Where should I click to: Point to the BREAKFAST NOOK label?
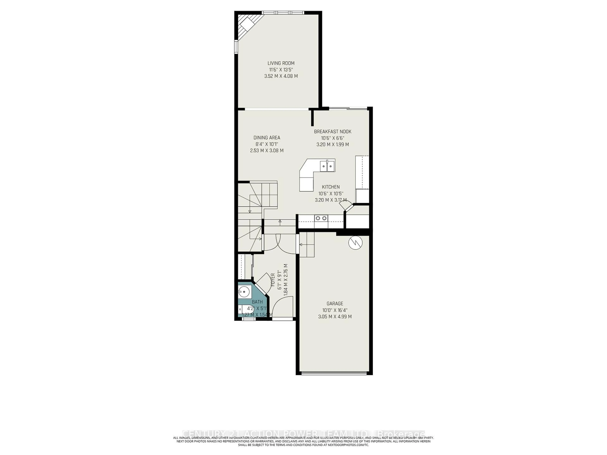click(x=333, y=132)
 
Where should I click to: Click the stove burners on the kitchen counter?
click(x=321, y=218)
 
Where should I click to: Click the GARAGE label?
click(x=335, y=304)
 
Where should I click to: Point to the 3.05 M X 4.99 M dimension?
click(x=335, y=316)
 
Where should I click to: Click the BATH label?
click(x=257, y=302)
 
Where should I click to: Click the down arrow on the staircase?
click(x=250, y=211)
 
